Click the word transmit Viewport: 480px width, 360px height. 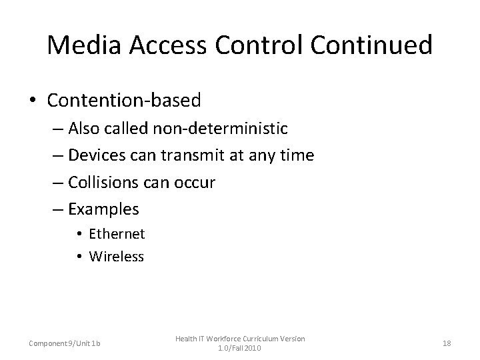(196, 156)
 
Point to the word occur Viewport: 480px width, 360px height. (194, 182)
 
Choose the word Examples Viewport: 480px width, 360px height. (103, 209)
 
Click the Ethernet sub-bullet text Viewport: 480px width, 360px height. (117, 233)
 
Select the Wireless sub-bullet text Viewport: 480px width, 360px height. (117, 256)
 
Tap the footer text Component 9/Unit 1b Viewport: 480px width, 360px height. (65, 343)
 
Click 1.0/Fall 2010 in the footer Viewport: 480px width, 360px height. (239, 348)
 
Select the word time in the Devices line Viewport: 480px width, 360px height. (298, 156)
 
